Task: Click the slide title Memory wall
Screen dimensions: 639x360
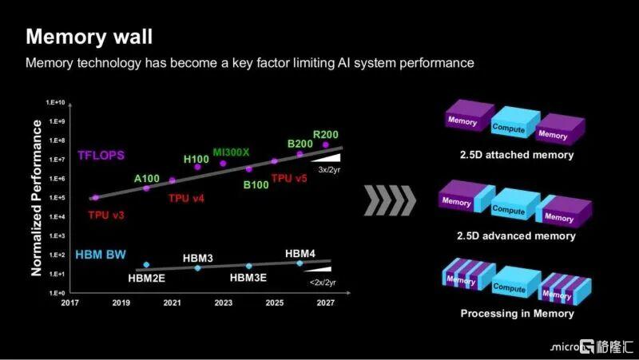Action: [x=89, y=36]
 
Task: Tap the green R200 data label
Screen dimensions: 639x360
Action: [x=326, y=134]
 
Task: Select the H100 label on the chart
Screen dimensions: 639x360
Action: [x=196, y=159]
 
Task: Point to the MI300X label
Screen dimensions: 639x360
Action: [x=231, y=152]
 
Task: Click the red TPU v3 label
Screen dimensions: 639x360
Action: [x=106, y=215]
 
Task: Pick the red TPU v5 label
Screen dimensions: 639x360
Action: [x=289, y=178]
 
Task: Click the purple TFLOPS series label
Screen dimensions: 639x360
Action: [x=101, y=155]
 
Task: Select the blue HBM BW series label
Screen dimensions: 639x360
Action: [x=101, y=255]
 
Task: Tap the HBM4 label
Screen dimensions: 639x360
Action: [x=300, y=253]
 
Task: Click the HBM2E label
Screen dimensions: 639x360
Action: [x=146, y=279]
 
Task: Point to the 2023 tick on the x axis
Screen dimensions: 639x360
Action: [x=224, y=303]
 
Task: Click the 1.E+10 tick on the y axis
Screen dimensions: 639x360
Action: [x=55, y=102]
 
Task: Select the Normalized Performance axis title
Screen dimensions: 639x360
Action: [x=36, y=198]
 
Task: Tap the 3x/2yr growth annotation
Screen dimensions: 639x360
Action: [x=329, y=169]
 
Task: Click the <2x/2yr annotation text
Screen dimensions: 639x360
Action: [x=323, y=283]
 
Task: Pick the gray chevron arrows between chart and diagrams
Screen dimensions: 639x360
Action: [x=390, y=200]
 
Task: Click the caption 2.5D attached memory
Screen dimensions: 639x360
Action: [x=517, y=155]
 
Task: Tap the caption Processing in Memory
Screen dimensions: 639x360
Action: [x=517, y=314]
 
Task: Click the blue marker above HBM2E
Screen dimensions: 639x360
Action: [x=146, y=265]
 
